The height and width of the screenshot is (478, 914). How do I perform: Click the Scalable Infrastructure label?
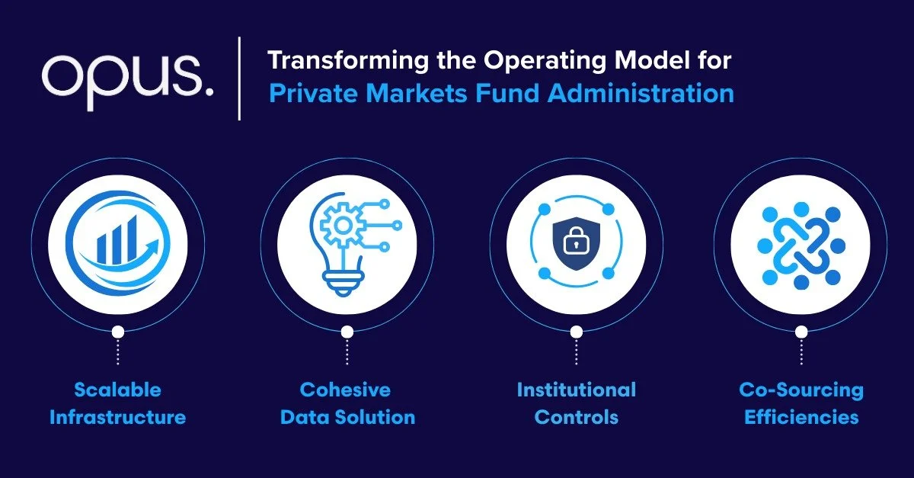(117, 404)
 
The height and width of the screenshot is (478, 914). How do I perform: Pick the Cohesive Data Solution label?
(347, 404)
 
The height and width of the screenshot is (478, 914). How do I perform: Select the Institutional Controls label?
(577, 404)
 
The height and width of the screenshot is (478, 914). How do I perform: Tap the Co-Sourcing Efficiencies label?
(801, 404)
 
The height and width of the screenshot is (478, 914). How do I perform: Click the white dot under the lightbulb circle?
(347, 332)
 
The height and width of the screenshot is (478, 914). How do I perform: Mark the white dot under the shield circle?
(577, 332)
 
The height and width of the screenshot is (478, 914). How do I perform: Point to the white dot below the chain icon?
(801, 332)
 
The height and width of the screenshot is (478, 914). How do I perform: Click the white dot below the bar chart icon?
(117, 332)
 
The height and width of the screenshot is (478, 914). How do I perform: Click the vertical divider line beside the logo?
(240, 78)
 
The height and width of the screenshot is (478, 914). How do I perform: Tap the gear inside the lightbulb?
(337, 226)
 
